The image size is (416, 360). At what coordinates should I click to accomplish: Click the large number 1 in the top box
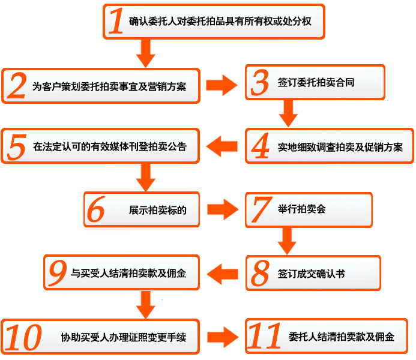pyautogui.click(x=116, y=23)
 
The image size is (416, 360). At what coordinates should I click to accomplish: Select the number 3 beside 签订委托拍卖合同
pyautogui.click(x=259, y=83)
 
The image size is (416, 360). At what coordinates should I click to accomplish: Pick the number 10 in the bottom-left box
pyautogui.click(x=25, y=337)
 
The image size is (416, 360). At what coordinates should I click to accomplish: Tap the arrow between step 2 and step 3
pyautogui.click(x=222, y=85)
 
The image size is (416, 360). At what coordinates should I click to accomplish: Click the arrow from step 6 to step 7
pyautogui.click(x=222, y=209)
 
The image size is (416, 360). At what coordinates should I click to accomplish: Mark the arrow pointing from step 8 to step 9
pyautogui.click(x=223, y=274)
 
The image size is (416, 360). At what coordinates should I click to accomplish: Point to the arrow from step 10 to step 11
pyautogui.click(x=222, y=337)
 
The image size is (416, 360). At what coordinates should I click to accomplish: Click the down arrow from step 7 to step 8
pyautogui.click(x=289, y=241)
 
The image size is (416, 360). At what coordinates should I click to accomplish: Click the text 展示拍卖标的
pyautogui.click(x=158, y=211)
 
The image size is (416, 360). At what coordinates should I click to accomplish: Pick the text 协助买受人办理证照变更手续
pyautogui.click(x=124, y=337)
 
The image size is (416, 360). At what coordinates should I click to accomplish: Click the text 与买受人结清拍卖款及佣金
pyautogui.click(x=128, y=274)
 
